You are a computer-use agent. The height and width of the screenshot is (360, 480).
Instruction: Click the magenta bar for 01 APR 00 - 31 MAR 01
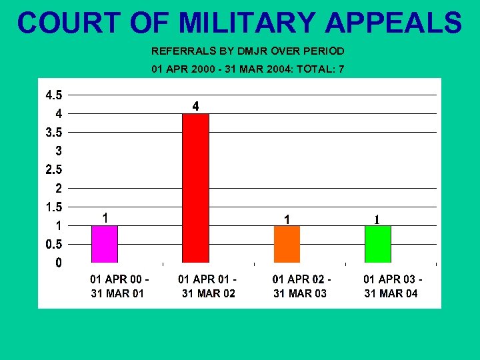coord(105,244)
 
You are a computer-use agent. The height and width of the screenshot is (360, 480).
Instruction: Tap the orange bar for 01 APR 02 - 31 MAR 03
coord(287,244)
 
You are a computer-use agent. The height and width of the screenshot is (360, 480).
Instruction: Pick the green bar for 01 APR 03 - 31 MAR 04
coord(377,244)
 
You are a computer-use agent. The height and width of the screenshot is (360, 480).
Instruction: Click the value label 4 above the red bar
coord(195,106)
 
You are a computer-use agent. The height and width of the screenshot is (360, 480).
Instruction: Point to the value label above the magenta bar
coord(105,218)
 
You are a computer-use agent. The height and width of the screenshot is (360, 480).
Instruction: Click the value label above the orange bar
coord(287,219)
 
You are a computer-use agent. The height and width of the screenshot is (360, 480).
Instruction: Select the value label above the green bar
coord(377,219)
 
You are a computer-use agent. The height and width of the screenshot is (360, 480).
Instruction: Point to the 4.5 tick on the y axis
coord(54,95)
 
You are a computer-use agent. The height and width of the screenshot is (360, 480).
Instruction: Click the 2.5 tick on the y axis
coord(54,169)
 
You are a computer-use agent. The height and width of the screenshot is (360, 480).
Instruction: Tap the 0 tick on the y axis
coord(59,263)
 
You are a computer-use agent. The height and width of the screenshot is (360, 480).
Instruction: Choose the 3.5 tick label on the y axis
coord(54,132)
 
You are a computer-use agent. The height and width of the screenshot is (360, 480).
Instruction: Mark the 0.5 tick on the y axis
coord(54,244)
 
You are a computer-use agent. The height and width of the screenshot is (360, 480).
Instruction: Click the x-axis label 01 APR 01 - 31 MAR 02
coord(208,287)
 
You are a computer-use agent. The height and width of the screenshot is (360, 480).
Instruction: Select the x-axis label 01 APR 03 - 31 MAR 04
coord(392,287)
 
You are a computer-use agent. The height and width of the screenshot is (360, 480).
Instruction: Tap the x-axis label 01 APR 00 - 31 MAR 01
coord(119,287)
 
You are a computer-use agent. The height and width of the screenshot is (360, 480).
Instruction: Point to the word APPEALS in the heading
coord(394,23)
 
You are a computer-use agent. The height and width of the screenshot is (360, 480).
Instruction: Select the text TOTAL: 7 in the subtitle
coord(321,69)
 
